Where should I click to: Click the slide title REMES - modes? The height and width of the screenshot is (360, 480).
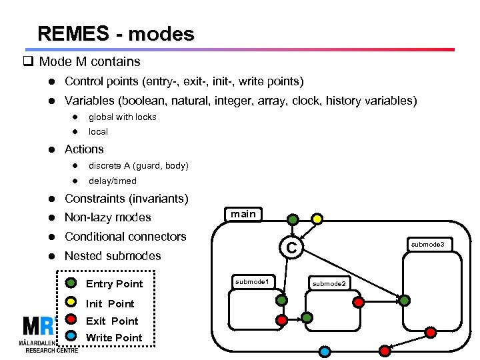(x=116, y=33)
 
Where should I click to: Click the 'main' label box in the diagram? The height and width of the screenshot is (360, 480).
(x=243, y=214)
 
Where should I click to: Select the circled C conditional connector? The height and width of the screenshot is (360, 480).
(x=291, y=249)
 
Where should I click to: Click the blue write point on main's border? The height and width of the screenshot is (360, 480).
(x=325, y=351)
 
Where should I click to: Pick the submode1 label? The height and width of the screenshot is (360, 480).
(x=251, y=283)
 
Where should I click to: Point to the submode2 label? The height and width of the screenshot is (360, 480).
(x=329, y=284)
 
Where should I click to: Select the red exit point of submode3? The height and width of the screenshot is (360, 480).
(x=431, y=331)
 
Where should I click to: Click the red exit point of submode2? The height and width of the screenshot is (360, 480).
(x=358, y=301)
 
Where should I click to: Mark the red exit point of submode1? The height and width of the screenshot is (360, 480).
(x=282, y=320)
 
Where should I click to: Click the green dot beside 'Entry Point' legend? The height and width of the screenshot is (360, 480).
(x=71, y=283)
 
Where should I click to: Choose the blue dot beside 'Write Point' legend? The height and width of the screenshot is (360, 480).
(x=71, y=336)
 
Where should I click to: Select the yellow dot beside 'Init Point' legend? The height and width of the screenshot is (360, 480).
(x=71, y=301)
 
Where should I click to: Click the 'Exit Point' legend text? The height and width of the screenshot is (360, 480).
(x=112, y=321)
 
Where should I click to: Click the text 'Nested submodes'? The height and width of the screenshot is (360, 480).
(x=113, y=255)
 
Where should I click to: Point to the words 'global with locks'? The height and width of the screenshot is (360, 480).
(x=123, y=117)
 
